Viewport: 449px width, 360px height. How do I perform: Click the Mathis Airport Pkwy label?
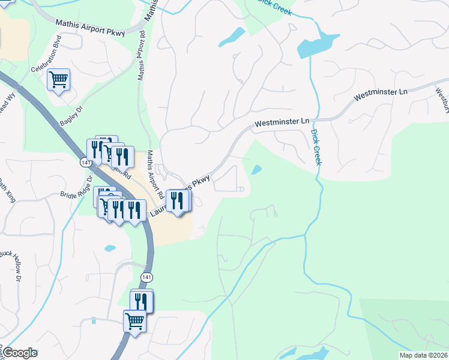[x=90, y=28]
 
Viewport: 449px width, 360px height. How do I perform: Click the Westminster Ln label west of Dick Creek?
[x=280, y=122]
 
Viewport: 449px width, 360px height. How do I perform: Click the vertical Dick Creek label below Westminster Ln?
[x=316, y=147]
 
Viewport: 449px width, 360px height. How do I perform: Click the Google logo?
[x=19, y=353]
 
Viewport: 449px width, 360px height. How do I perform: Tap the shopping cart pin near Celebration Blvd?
[x=58, y=79]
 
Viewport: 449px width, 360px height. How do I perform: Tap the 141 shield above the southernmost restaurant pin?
[x=147, y=277]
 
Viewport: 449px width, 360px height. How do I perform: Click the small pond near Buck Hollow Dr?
[x=110, y=248]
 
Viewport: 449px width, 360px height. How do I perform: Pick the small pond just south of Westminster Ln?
[x=257, y=170]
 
